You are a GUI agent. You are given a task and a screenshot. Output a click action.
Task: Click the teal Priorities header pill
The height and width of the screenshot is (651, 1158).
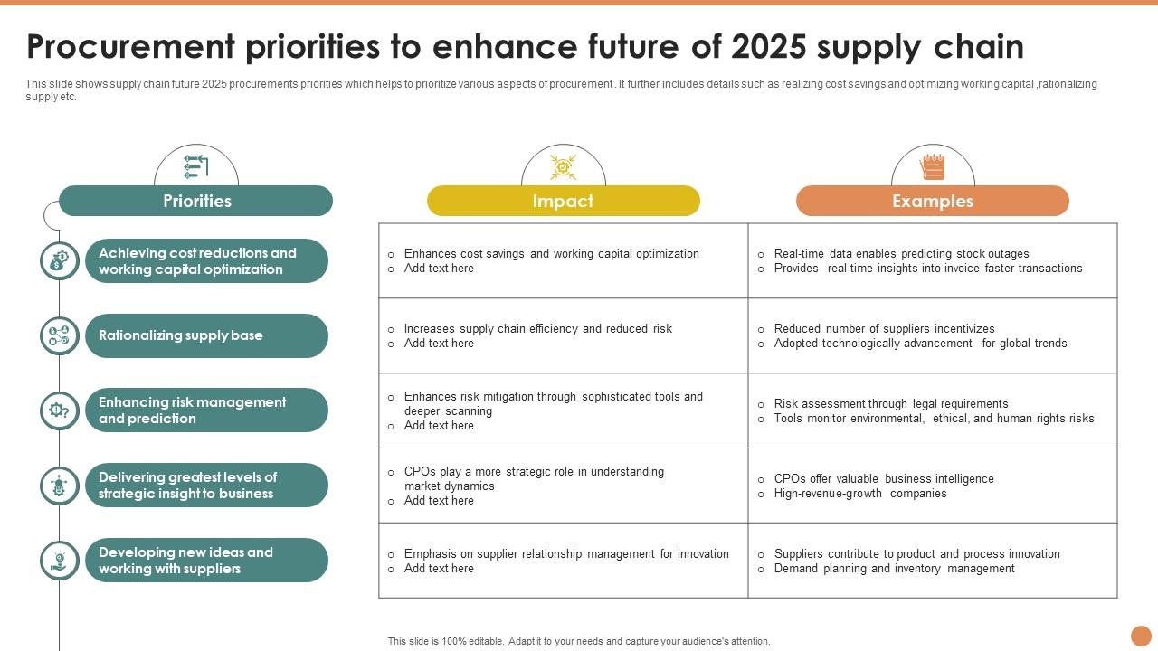pos(196,201)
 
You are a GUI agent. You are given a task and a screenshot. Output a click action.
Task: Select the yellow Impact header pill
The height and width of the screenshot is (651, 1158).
pos(563,201)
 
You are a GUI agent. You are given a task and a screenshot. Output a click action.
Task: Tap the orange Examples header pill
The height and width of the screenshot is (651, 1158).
pos(932,201)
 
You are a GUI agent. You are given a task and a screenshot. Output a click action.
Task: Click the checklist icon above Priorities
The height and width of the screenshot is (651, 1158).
pos(196,166)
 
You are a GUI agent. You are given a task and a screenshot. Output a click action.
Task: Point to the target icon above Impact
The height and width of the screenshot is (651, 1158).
pos(563,167)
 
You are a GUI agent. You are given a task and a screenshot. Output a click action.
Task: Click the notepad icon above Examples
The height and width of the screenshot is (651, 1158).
pos(932,167)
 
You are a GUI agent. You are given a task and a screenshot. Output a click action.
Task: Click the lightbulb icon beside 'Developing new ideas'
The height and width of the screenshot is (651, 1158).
pos(60,561)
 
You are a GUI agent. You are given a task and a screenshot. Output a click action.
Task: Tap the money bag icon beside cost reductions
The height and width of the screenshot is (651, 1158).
pos(60,260)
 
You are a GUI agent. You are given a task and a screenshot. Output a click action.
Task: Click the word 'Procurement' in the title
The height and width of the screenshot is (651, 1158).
pos(132,46)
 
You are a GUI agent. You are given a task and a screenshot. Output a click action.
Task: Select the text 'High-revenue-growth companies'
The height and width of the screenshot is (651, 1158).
pos(859,494)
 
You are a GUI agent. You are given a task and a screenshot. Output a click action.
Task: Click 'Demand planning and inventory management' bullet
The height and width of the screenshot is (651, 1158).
pos(894,569)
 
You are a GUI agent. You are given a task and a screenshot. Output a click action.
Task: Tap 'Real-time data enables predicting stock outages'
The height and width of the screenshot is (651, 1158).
pos(901,254)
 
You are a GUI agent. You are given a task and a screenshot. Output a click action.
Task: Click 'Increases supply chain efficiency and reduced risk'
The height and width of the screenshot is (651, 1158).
pos(537,329)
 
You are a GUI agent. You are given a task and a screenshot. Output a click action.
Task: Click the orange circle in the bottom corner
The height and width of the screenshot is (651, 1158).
pos(1141,636)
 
